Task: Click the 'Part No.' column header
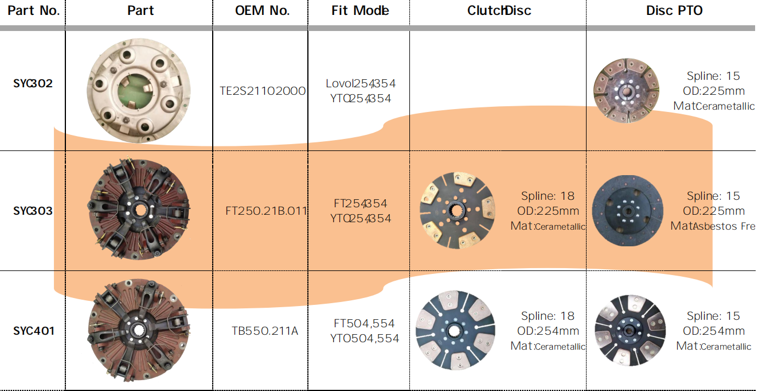coord(33,11)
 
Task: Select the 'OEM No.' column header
coord(262,11)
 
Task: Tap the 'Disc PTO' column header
coord(674,11)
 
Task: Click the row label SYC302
coord(33,84)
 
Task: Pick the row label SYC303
coord(33,211)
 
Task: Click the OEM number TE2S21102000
coord(263,91)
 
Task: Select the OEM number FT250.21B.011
coord(266,211)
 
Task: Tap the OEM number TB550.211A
coord(264,331)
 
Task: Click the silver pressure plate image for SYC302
coord(139,90)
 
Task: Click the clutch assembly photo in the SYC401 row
coord(138,330)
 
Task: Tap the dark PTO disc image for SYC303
coord(626,211)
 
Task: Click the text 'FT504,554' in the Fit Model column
coord(364,323)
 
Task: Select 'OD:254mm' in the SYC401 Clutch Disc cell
coord(548,331)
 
